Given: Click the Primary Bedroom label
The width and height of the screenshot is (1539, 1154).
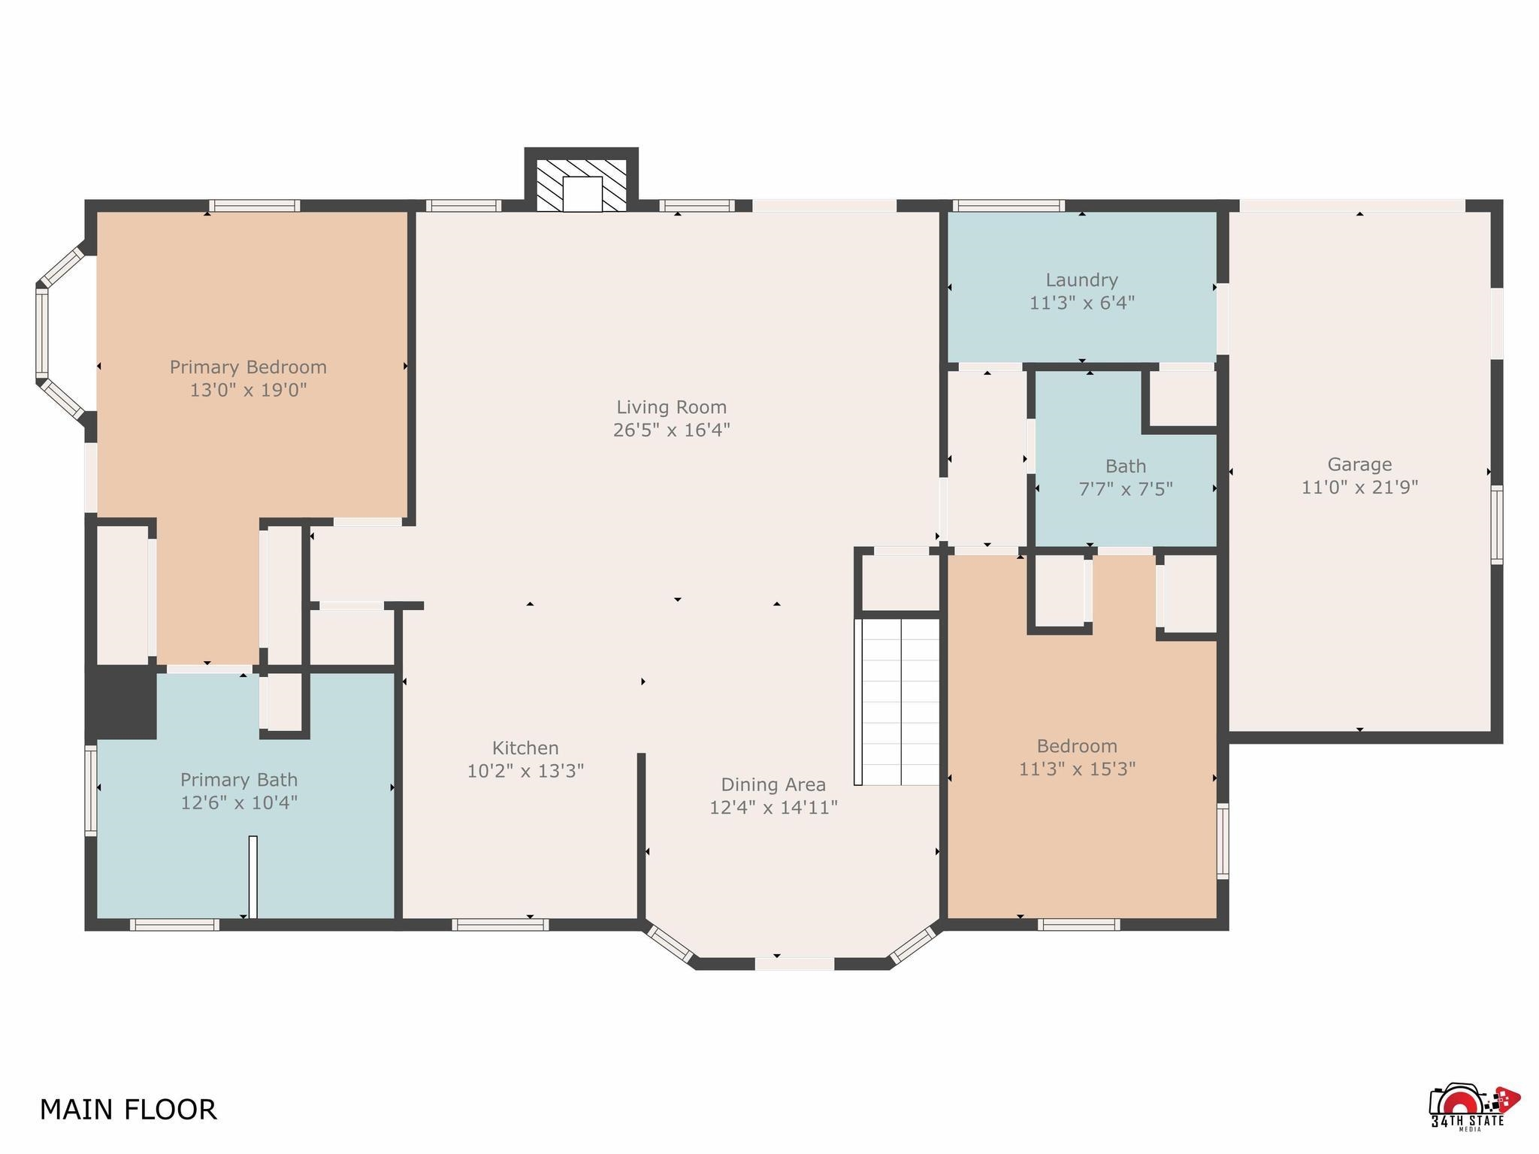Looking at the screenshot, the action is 248,367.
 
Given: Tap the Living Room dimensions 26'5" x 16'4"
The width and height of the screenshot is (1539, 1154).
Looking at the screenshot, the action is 672,430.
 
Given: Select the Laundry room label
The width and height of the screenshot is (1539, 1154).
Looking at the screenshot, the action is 1082,280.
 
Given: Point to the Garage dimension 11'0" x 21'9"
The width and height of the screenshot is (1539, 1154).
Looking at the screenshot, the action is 1359,487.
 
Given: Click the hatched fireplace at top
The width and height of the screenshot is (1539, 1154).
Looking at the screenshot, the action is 582,185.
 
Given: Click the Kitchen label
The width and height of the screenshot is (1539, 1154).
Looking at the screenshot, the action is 525,748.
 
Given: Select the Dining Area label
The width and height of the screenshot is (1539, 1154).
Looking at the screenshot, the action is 773,784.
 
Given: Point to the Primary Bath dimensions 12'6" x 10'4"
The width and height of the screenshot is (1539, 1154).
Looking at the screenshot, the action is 239,802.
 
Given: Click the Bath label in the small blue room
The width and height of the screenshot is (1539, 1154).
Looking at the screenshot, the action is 1126,466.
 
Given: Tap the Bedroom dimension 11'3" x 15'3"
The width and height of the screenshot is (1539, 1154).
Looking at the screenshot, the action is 1077,769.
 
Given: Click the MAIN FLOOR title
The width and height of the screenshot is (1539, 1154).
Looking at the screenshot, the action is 128,1109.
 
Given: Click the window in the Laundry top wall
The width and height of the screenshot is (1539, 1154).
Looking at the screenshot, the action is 1009,205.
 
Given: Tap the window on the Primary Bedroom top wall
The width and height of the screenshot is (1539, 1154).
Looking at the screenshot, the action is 255,205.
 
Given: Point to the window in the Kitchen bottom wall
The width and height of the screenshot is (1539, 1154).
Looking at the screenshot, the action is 500,924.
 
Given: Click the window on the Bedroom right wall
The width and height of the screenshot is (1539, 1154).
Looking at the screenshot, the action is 1223,841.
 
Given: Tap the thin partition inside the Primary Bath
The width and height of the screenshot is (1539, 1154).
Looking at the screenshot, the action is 252,877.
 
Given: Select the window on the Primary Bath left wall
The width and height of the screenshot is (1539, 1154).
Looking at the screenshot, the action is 91,790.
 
